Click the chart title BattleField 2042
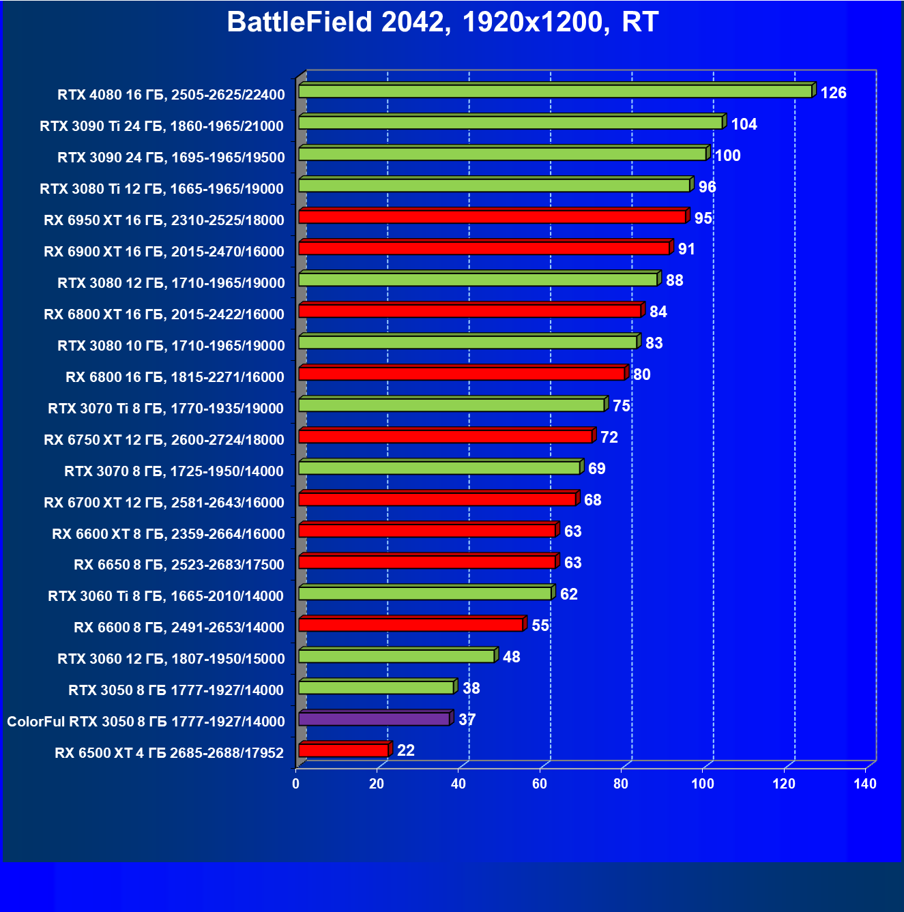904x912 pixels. pyautogui.click(x=442, y=22)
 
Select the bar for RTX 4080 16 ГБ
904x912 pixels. pyautogui.click(x=555, y=91)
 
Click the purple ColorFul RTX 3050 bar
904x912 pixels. pyautogui.click(x=374, y=719)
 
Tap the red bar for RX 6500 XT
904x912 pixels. pyautogui.click(x=343, y=750)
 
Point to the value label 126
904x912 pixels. pyautogui.click(x=833, y=93)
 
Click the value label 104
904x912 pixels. pyautogui.click(x=744, y=124)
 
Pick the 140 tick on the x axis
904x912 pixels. pyautogui.click(x=864, y=784)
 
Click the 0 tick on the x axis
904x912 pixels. pyautogui.click(x=295, y=784)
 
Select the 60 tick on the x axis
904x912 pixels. pyautogui.click(x=540, y=784)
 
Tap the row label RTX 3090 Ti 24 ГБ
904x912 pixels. pyautogui.click(x=162, y=126)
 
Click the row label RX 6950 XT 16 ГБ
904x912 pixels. pyautogui.click(x=164, y=220)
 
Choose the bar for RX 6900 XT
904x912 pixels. pyautogui.click(x=484, y=248)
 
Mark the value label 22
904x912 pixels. pyautogui.click(x=405, y=750)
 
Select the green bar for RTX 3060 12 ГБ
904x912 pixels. pyautogui.click(x=396, y=656)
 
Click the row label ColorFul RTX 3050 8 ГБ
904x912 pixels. pyautogui.click(x=146, y=722)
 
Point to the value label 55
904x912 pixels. pyautogui.click(x=540, y=626)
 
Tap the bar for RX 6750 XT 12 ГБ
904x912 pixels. pyautogui.click(x=445, y=437)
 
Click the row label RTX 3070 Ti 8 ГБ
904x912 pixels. pyautogui.click(x=166, y=409)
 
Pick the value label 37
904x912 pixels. pyautogui.click(x=467, y=720)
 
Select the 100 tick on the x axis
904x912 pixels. pyautogui.click(x=702, y=784)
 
